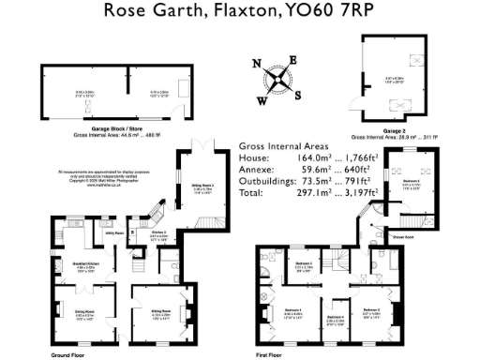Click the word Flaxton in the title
tap(226, 12)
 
